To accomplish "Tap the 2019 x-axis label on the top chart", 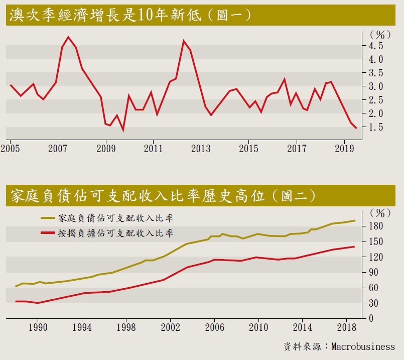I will (x=345, y=149).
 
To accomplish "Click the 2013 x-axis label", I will (x=201, y=149).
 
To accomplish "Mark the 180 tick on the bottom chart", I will (x=376, y=226).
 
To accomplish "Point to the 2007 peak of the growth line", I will (x=69, y=37).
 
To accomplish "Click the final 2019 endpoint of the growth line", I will (x=356, y=129).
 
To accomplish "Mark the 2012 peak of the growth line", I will (x=184, y=41).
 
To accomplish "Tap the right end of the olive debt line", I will (x=355, y=220).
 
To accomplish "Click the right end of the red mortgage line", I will (x=354, y=247).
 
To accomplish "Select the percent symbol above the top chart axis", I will (x=380, y=35).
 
